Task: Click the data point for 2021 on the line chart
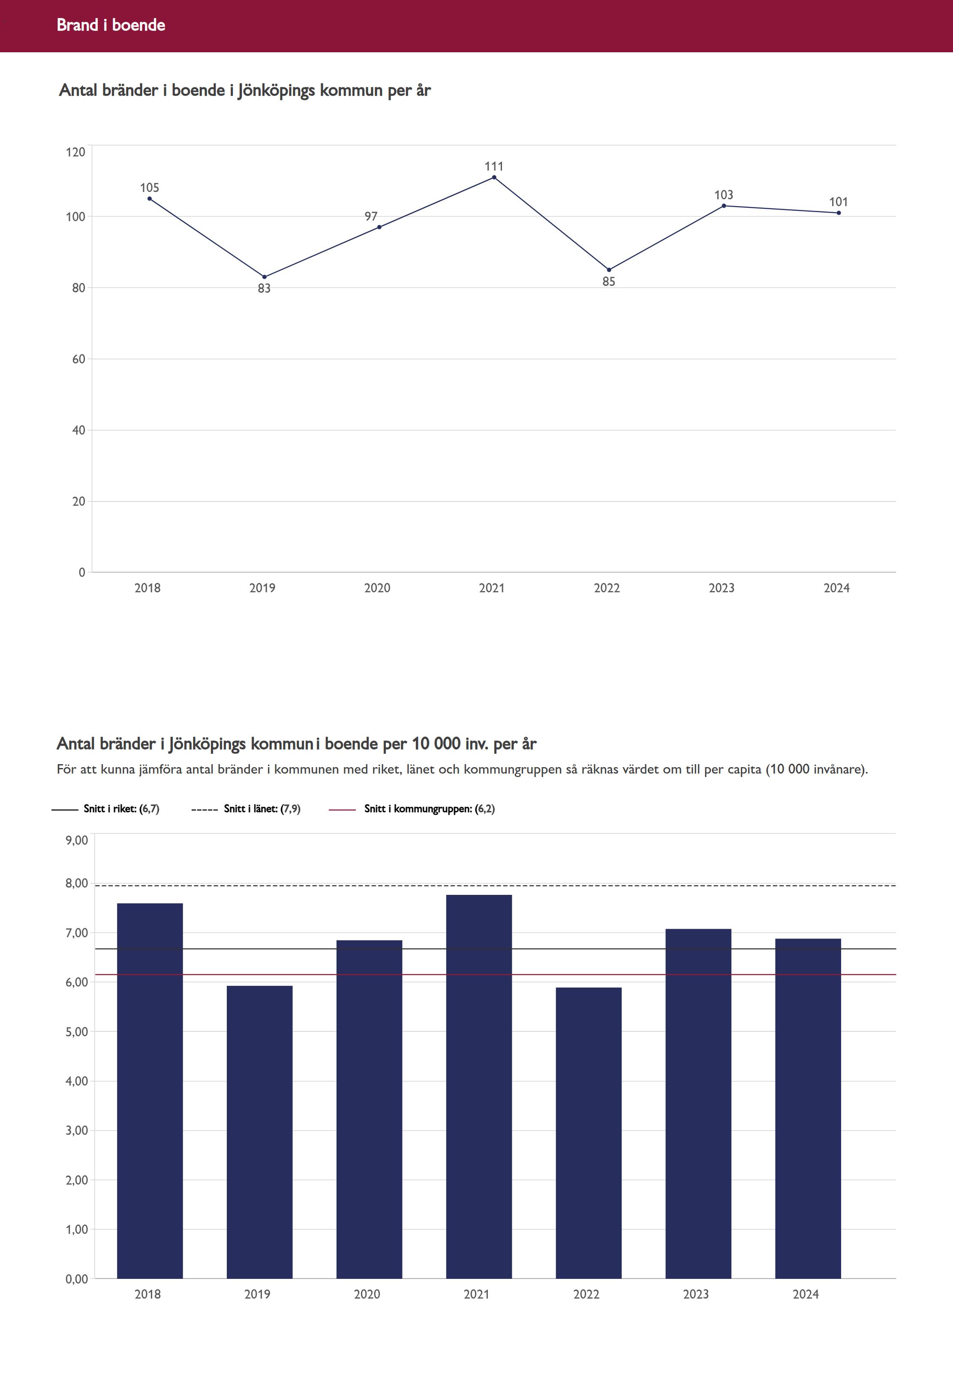click(x=494, y=177)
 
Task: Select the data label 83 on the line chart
click(x=264, y=289)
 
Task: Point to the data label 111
click(x=494, y=167)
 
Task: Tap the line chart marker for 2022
click(x=609, y=270)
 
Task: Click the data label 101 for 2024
click(x=839, y=202)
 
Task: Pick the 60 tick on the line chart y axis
click(x=78, y=359)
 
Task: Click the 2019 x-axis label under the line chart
click(x=262, y=588)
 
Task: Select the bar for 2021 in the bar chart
click(x=478, y=1086)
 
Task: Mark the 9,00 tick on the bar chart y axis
click(x=76, y=840)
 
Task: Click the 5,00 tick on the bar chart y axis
click(x=76, y=1032)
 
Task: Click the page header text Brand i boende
click(x=111, y=25)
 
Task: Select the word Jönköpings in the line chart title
click(x=277, y=91)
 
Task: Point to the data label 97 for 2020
click(x=371, y=217)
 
